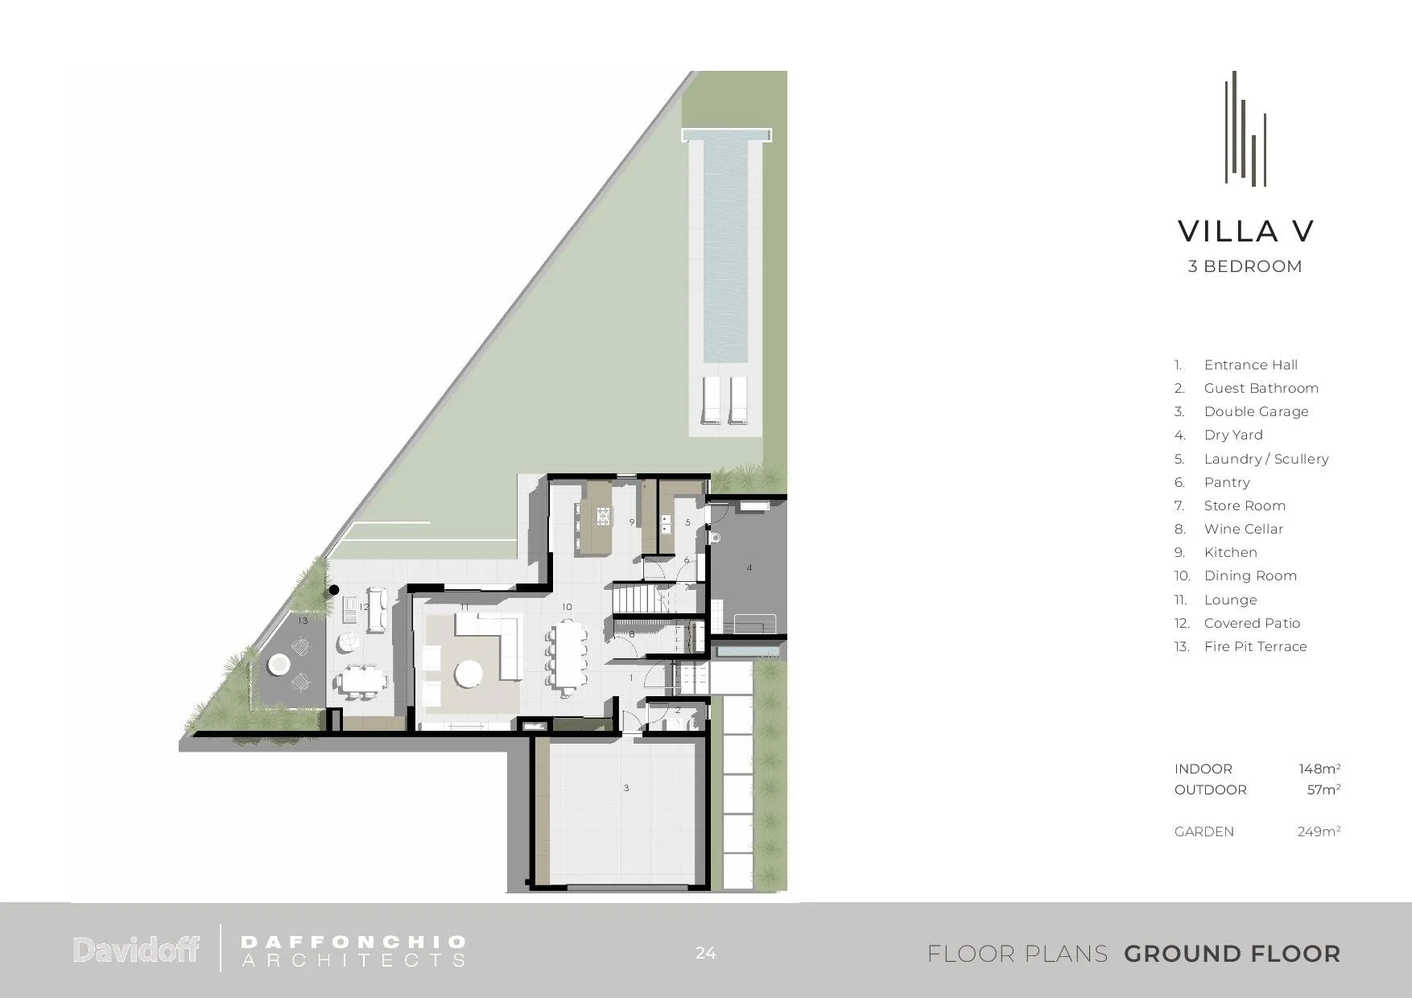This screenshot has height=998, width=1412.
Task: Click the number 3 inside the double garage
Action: [626, 788]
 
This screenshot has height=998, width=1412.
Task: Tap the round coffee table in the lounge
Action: [469, 674]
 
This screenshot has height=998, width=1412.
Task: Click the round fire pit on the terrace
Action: [279, 664]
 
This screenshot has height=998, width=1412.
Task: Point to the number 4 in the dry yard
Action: [749, 567]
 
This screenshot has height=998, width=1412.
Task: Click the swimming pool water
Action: [725, 250]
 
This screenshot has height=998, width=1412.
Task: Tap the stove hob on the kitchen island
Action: [604, 516]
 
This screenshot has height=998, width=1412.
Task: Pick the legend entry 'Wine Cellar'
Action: [1243, 529]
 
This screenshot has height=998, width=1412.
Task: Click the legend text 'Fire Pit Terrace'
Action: [1255, 646]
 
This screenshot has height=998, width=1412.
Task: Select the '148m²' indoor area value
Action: [1319, 769]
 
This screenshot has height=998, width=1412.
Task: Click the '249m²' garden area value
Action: [1319, 831]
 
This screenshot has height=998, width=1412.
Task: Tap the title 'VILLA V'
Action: [1245, 232]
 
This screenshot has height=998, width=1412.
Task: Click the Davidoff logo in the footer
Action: [136, 950]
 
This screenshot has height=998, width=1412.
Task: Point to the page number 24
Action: [705, 953]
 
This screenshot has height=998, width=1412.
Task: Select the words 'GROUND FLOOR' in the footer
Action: [1232, 954]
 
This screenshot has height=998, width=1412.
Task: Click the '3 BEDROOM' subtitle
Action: [1245, 266]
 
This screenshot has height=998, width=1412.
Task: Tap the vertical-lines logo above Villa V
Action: [1245, 129]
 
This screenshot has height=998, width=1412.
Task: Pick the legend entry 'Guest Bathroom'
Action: [1261, 388]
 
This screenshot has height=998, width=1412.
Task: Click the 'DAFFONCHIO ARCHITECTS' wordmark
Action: [353, 951]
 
